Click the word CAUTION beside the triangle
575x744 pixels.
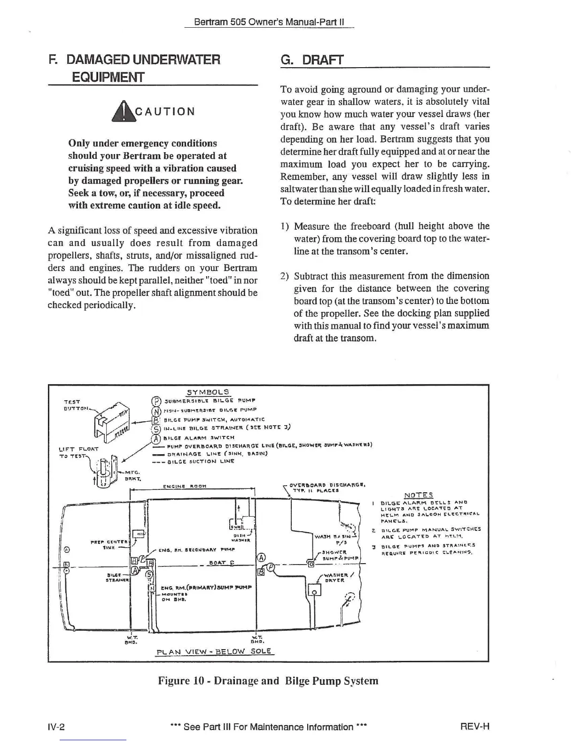(x=164, y=112)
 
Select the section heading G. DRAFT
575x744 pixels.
(x=312, y=60)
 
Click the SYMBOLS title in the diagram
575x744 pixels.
(x=208, y=392)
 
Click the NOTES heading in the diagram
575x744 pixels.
(x=419, y=495)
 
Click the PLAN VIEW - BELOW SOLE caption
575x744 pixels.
(x=214, y=651)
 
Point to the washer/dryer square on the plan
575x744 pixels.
(x=314, y=589)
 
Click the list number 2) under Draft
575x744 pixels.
(x=284, y=276)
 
